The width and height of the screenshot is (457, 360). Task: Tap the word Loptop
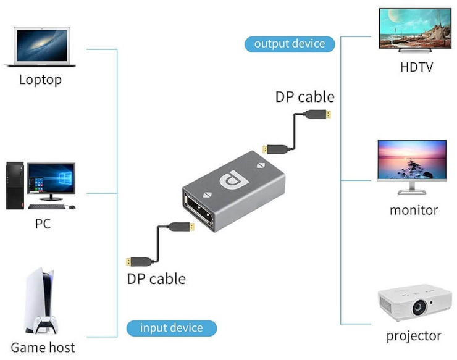point(40,80)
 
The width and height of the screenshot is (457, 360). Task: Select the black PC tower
point(15,185)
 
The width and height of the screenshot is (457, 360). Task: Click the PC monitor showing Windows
point(51,181)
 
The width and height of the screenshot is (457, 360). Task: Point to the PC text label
point(43,224)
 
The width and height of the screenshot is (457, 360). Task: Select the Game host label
point(43,347)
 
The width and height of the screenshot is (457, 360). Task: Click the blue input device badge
point(172,328)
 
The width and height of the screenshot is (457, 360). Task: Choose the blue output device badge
point(290,44)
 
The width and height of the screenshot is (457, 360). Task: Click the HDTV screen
point(414,29)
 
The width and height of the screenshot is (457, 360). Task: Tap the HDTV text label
point(416,67)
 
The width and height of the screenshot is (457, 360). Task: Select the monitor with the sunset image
point(412,162)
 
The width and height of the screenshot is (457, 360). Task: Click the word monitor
point(414,210)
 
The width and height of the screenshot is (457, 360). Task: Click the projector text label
point(414,336)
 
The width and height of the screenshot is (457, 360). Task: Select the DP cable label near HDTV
point(305,97)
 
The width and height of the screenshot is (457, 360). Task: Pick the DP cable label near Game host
point(156,278)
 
